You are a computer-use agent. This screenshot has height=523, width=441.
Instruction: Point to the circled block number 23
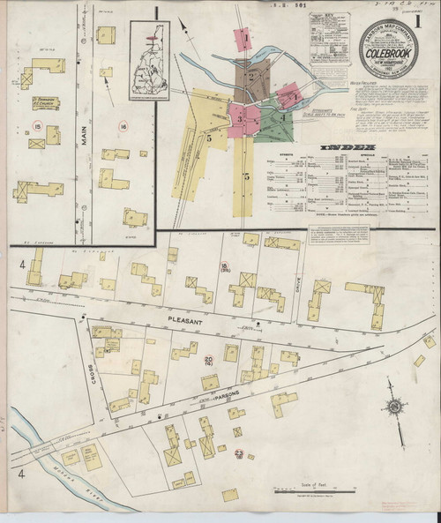239,452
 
